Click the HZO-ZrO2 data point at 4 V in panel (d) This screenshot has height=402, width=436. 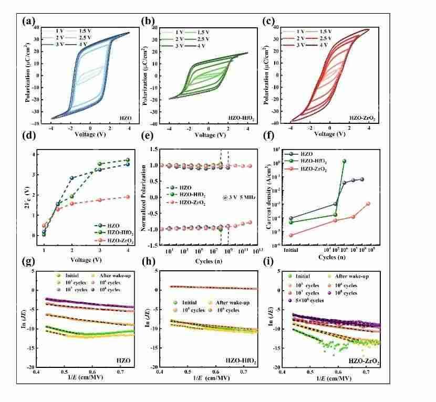126,197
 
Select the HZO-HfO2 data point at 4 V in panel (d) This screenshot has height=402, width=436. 126,160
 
